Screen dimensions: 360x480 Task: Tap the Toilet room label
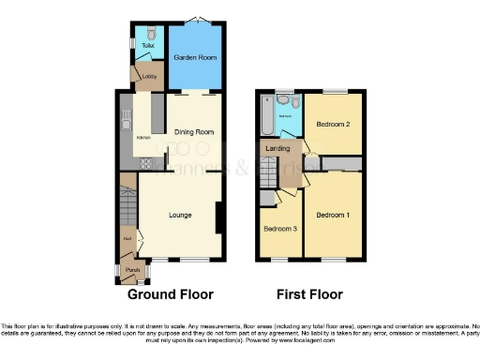pyautogui.click(x=147, y=45)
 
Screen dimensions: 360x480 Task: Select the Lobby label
pyautogui.click(x=148, y=77)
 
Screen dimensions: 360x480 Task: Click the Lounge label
pyautogui.click(x=180, y=215)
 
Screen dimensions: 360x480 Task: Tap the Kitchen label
pyautogui.click(x=143, y=138)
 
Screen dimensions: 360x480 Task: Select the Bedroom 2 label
pyautogui.click(x=332, y=124)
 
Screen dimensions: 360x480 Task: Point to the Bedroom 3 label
pyautogui.click(x=278, y=229)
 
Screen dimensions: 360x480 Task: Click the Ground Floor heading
pyautogui.click(x=171, y=293)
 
